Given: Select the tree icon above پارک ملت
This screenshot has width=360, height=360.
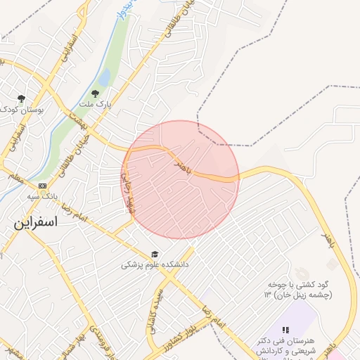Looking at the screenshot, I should (96, 93).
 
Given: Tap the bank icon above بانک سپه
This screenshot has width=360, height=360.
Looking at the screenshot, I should (43, 186).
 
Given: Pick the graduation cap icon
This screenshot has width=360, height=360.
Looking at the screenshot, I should (154, 254).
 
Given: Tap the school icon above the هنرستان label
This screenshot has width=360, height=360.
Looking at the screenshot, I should (285, 329).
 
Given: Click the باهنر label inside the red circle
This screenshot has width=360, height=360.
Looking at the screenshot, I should (180, 165).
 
